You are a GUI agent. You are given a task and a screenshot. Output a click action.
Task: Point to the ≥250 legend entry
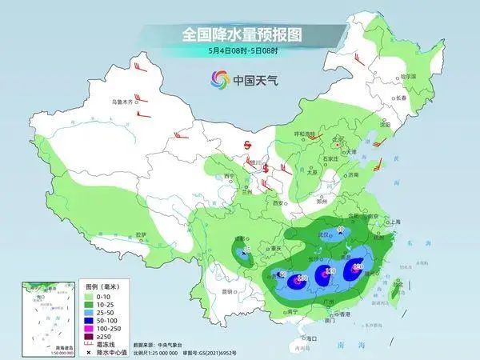[102, 339]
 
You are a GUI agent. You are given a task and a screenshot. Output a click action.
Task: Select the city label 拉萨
[141, 234]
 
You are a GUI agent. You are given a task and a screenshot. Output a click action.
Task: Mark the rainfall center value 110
[329, 273]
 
